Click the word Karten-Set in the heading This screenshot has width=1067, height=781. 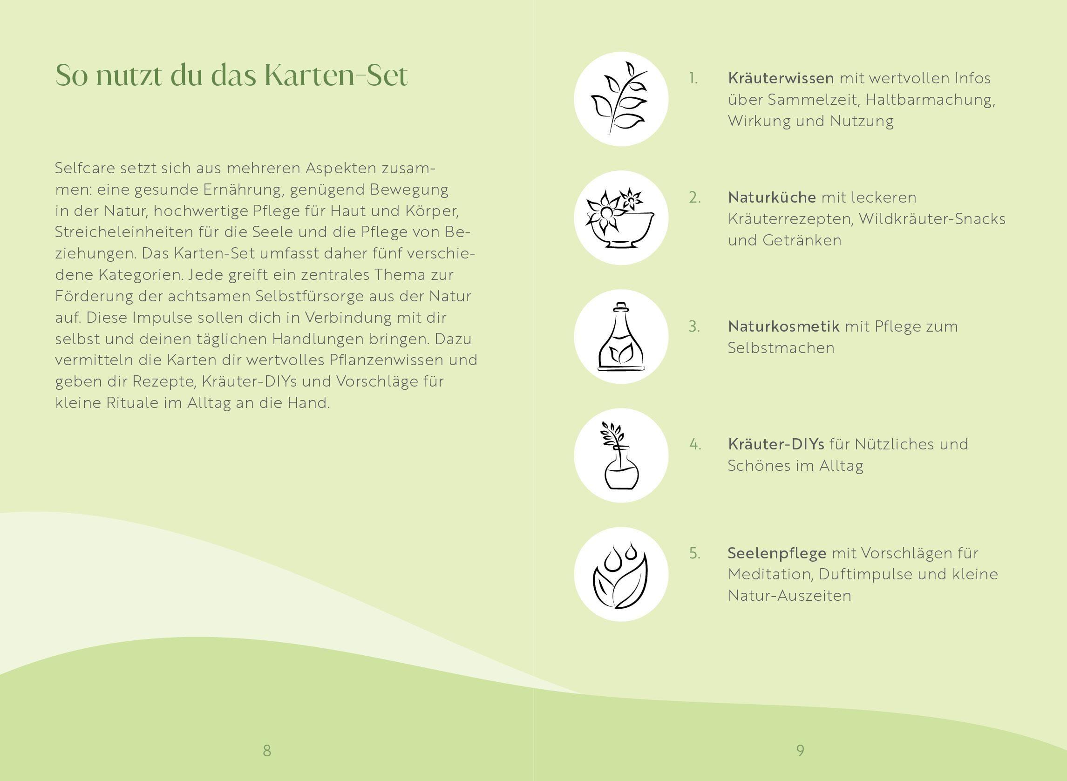[x=335, y=75]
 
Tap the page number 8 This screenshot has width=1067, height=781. [x=266, y=750]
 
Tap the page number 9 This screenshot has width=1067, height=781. [x=800, y=750]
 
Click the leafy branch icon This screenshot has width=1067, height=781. [x=621, y=99]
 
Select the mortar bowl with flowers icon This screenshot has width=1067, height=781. [x=621, y=218]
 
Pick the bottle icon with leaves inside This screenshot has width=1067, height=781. [x=621, y=337]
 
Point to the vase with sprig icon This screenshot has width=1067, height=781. [x=621, y=455]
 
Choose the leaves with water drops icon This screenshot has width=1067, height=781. [x=621, y=574]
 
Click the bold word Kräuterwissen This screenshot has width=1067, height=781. [x=781, y=79]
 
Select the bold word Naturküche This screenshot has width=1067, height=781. [x=772, y=197]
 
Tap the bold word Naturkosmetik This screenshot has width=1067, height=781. [x=783, y=326]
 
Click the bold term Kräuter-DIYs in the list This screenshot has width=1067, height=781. [x=776, y=444]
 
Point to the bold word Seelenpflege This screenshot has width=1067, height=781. [x=777, y=553]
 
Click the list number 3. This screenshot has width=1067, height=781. [x=694, y=326]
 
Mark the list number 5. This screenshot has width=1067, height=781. [x=694, y=553]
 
